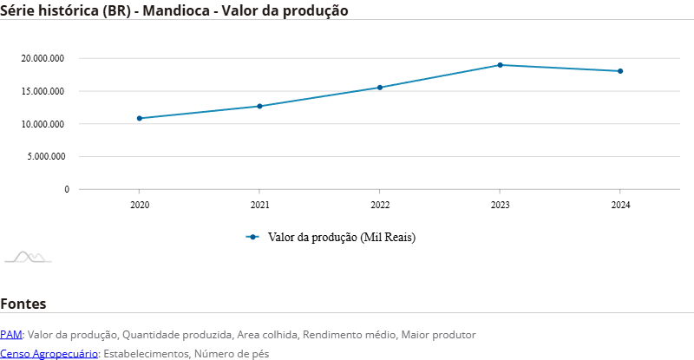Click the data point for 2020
pos(139,118)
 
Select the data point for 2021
pos(259,106)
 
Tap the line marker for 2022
pos(379,88)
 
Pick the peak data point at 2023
pos(500,65)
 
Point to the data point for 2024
pos(620,71)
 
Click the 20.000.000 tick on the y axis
pos(44,59)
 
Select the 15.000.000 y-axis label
pos(44,91)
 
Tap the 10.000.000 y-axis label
pos(44,124)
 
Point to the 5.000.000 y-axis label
pos(47,157)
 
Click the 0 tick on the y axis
pos(66,189)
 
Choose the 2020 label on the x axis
pos(139,206)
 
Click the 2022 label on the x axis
pos(379,206)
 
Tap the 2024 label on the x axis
pos(620,206)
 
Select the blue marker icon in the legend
pos(252,237)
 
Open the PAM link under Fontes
pos(11,334)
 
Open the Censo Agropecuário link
pos(49,353)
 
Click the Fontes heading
pos(23,304)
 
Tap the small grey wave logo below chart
pos(28,257)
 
